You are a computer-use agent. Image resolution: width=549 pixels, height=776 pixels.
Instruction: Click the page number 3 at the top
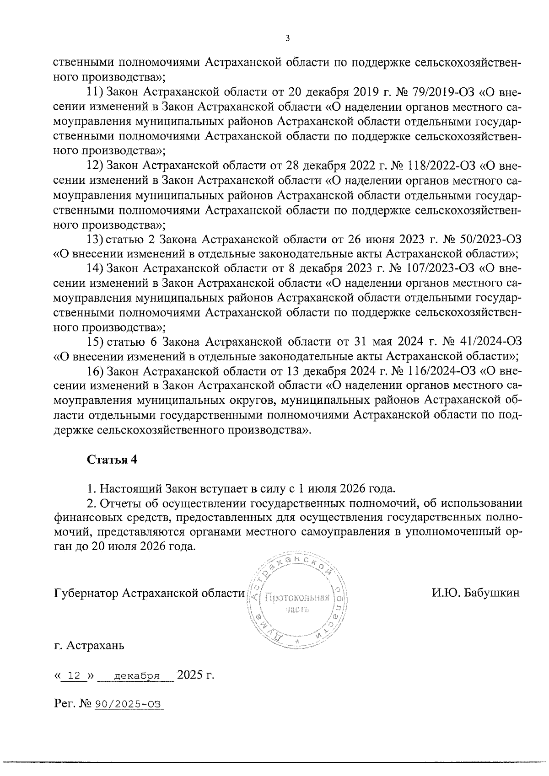click(287, 38)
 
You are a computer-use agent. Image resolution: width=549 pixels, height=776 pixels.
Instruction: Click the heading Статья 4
click(112, 460)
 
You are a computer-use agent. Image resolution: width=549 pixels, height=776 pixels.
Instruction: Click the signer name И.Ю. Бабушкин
click(475, 593)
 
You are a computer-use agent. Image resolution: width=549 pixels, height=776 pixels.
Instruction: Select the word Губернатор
click(86, 594)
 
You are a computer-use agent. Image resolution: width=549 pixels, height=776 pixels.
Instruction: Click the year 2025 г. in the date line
click(195, 675)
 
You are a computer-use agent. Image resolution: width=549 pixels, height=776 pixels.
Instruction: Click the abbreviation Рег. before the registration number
click(63, 705)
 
